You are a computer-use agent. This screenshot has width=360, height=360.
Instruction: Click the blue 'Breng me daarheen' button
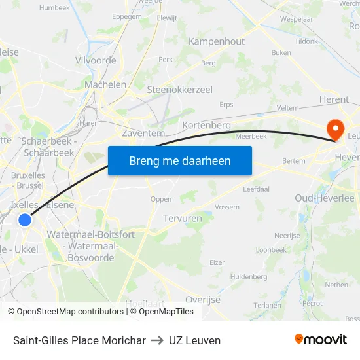point(179,160)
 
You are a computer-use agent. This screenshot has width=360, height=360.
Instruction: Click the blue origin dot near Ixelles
point(25,219)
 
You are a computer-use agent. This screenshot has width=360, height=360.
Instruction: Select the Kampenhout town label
point(216,41)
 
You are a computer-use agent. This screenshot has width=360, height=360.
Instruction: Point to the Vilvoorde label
point(96,60)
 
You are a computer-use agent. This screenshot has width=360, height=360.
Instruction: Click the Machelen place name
point(105,84)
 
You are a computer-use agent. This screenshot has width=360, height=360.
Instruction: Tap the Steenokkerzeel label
point(179,90)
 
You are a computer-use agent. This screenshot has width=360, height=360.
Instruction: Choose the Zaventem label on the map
point(143,133)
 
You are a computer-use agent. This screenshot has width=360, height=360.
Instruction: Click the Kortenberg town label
point(207,125)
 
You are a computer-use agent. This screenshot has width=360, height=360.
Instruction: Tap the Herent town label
point(334,99)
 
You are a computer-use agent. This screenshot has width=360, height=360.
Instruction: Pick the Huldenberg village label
point(249,277)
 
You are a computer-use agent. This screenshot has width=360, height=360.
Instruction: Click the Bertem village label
point(294,160)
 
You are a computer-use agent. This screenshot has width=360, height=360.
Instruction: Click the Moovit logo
point(320,340)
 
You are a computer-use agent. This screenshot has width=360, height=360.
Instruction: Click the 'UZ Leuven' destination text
point(194,340)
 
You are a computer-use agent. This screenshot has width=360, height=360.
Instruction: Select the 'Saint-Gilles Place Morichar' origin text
point(79,340)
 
